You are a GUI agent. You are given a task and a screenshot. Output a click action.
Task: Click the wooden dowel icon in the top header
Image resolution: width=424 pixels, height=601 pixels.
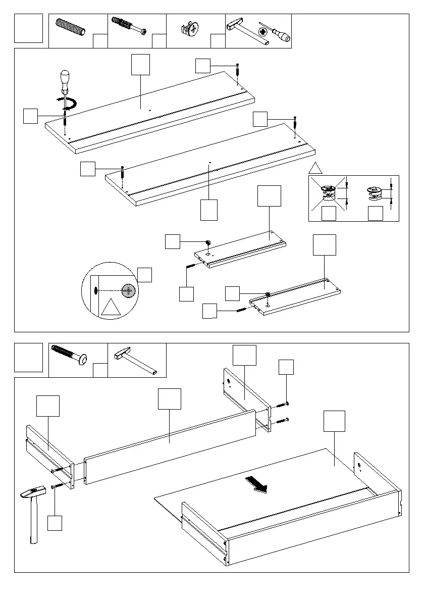coord(72,26)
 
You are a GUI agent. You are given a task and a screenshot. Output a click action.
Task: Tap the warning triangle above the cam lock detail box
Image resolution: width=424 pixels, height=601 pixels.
coord(316,169)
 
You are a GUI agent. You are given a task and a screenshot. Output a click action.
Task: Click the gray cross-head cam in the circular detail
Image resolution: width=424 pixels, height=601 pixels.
coord(129,290)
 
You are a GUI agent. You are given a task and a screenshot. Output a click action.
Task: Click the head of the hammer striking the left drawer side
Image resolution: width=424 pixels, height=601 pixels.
coord(32,493)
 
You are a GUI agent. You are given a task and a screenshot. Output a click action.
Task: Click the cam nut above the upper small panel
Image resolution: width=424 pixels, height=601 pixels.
coord(207,243)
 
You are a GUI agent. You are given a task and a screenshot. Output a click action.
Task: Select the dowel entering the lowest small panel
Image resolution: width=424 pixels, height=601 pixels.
coord(241,309)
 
